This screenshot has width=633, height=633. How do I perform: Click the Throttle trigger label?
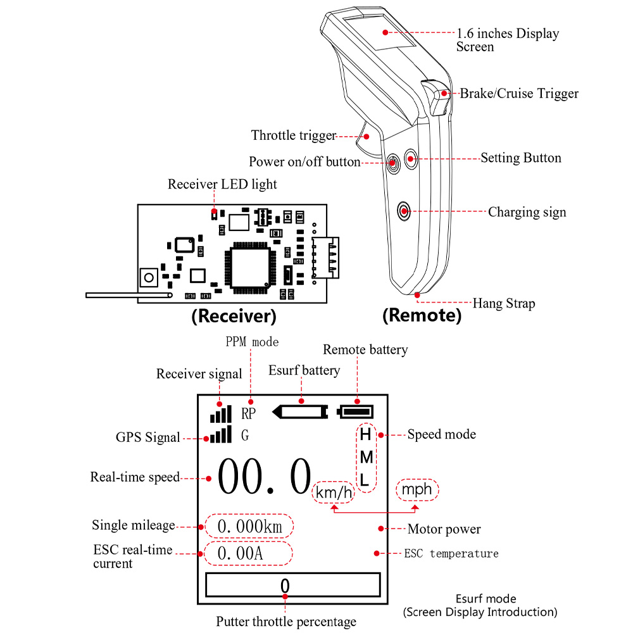[293, 135]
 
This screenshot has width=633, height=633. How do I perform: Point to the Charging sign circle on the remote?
[404, 210]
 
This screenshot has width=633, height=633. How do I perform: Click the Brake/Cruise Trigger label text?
[519, 94]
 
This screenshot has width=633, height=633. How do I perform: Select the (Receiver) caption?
[234, 315]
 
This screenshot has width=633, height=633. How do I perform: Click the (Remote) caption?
[422, 315]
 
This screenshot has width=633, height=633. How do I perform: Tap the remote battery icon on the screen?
[356, 412]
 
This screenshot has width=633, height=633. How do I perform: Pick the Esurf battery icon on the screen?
[299, 412]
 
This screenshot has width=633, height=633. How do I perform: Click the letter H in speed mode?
[365, 435]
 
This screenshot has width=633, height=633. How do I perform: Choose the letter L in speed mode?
[365, 480]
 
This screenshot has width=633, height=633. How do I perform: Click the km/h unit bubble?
[334, 492]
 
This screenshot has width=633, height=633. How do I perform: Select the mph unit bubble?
[417, 489]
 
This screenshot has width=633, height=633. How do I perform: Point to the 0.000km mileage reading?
[249, 526]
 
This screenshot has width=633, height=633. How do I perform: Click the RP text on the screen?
[249, 413]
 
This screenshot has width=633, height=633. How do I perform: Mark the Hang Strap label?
[504, 304]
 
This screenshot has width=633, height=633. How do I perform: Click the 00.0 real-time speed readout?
[265, 478]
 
